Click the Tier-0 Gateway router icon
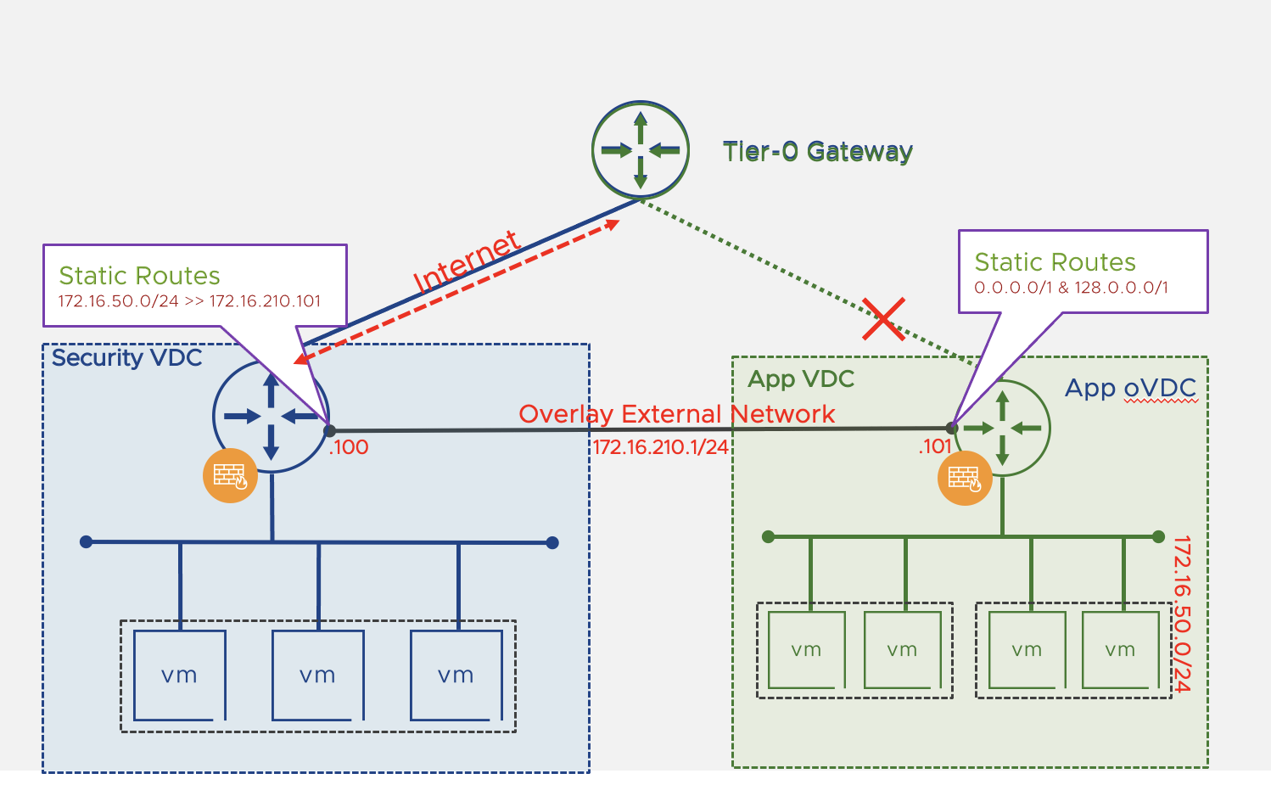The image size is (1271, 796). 641,150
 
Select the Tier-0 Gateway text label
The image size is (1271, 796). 817,152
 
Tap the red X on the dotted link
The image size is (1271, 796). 883,319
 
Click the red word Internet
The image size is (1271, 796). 466,261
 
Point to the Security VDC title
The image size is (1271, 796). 127,358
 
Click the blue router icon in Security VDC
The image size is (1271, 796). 271,417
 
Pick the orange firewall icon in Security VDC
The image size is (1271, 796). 230,475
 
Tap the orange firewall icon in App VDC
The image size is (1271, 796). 965,478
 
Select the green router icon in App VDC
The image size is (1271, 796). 1003,428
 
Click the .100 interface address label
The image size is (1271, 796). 349,447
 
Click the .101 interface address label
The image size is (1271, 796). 934,446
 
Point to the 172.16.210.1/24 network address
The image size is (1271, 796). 660,447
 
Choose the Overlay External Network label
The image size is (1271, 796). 676,414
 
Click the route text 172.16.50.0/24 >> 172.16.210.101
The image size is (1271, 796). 189,301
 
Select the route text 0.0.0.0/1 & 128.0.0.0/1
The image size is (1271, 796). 1071,288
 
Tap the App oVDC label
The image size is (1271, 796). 1130,388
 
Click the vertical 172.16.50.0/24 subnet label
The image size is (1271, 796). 1182,614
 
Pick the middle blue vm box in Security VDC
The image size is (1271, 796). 317,675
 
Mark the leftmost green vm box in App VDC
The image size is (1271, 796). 806,649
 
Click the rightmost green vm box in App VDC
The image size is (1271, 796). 1120,649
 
